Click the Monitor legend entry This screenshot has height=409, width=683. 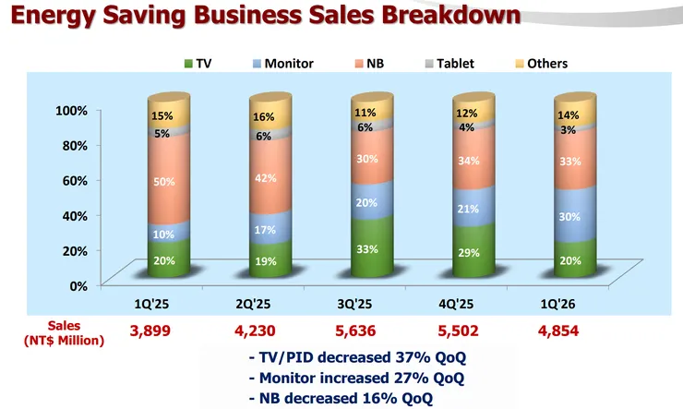(x=282, y=64)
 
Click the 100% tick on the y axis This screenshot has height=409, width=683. (x=70, y=110)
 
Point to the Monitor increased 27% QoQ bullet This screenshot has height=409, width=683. (x=356, y=379)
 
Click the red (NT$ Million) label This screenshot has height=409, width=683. (x=64, y=340)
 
